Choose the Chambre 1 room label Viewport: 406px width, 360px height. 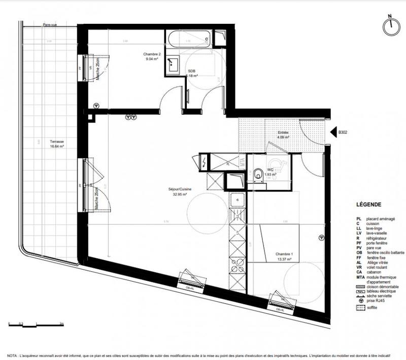[x=284, y=256]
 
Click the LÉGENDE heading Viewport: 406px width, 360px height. [x=369, y=205]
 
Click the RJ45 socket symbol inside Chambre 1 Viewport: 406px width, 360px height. [x=321, y=238]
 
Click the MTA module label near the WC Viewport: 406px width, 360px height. [x=243, y=161]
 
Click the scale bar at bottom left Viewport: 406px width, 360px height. [x=35, y=323]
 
